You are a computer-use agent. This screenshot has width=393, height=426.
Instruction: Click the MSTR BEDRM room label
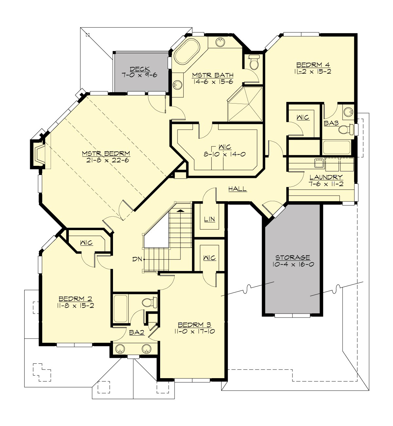(x=106, y=153)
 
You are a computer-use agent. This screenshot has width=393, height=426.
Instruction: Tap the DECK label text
(x=140, y=69)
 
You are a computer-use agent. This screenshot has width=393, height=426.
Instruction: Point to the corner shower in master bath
(x=246, y=104)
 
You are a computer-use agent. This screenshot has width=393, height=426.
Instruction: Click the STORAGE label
(x=292, y=258)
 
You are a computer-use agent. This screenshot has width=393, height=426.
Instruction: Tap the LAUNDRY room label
(x=326, y=177)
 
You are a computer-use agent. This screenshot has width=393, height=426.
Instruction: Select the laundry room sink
(x=319, y=163)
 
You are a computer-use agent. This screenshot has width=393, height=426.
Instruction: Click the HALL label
(x=237, y=189)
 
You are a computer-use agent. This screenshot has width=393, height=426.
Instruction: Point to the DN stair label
(x=137, y=259)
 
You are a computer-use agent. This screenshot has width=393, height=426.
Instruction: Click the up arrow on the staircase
(x=180, y=211)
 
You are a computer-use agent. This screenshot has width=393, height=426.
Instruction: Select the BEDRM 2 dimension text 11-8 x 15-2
(x=75, y=305)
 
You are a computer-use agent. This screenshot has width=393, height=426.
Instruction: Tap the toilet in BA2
(x=150, y=302)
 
